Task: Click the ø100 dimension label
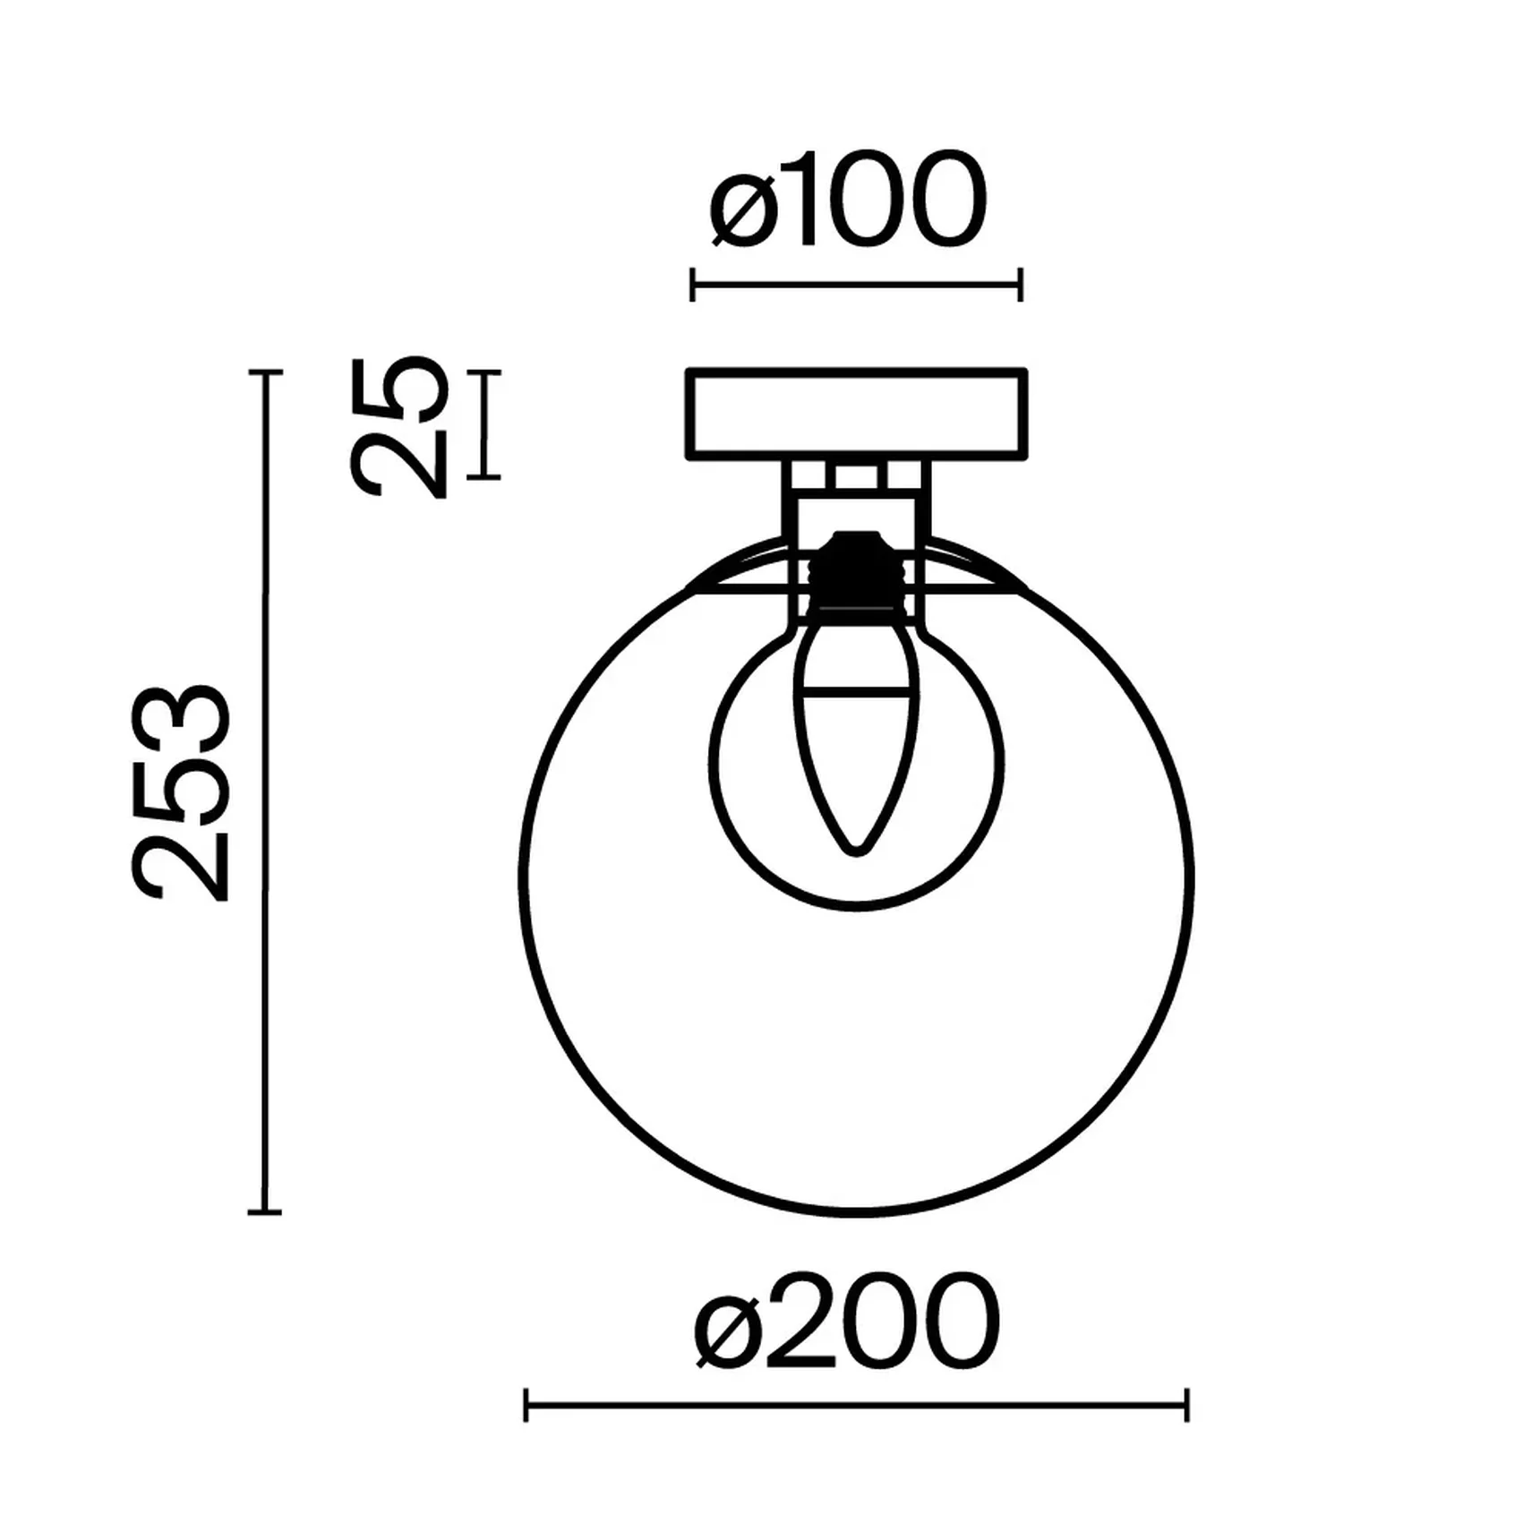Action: point(847,201)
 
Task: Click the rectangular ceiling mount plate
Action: point(856,414)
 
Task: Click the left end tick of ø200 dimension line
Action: point(526,1405)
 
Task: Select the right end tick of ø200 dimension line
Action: point(1187,1405)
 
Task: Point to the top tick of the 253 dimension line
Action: point(264,372)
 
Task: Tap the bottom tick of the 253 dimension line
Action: point(264,1212)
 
